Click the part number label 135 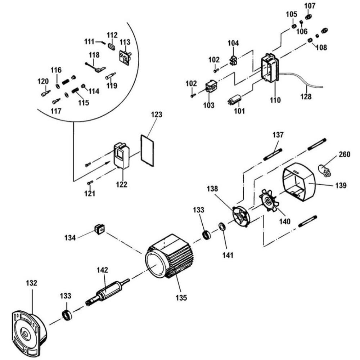pos(181,298)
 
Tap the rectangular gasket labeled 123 pos(147,150)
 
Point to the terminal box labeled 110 pos(270,68)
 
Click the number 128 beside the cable pos(306,96)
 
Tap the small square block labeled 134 pos(100,229)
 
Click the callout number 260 pos(345,154)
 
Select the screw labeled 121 pos(90,183)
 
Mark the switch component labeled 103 pos(211,86)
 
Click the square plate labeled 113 pos(125,58)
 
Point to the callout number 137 pos(278,135)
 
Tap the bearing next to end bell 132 pos(67,315)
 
